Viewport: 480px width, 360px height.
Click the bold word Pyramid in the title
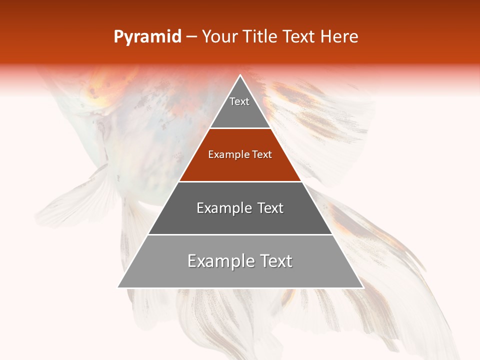(147, 37)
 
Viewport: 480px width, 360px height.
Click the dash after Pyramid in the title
(191, 37)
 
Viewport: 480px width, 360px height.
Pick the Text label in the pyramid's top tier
(239, 101)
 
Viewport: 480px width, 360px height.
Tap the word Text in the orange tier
(262, 155)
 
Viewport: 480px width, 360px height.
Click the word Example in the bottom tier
(217, 261)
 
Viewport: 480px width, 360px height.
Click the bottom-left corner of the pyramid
(118, 287)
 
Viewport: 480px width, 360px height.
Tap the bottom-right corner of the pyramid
(362, 287)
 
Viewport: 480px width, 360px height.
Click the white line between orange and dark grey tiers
(240, 181)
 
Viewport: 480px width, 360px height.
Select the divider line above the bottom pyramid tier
(240, 234)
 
